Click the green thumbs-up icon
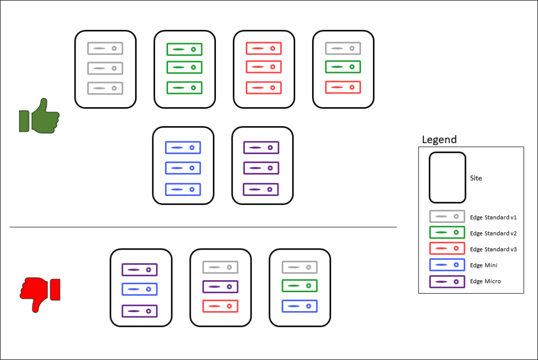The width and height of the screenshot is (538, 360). [x=39, y=115]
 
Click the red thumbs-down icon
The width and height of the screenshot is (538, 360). [x=40, y=294]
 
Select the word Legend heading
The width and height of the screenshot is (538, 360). [x=439, y=140]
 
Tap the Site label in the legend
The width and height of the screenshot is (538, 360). [x=476, y=178]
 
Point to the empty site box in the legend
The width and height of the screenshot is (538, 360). [x=447, y=177]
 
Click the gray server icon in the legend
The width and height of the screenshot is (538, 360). [x=447, y=217]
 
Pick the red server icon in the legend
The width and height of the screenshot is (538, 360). [x=447, y=249]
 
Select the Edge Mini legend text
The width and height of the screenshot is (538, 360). [x=483, y=265]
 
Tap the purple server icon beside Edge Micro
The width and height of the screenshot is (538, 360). [x=447, y=282]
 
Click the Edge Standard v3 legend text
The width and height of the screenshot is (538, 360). [x=493, y=249]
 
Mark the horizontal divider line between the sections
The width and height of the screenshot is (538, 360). [x=203, y=228]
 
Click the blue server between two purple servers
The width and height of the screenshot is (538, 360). [x=140, y=289]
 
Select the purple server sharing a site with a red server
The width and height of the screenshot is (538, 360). [x=220, y=287]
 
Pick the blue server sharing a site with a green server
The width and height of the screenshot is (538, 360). [x=299, y=305]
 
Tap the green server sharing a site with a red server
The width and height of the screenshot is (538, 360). [x=343, y=67]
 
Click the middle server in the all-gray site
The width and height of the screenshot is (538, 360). [x=105, y=68]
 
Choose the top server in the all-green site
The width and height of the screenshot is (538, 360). [x=184, y=49]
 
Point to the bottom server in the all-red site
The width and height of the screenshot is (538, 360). [x=264, y=87]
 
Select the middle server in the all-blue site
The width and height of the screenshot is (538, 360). [x=183, y=168]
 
